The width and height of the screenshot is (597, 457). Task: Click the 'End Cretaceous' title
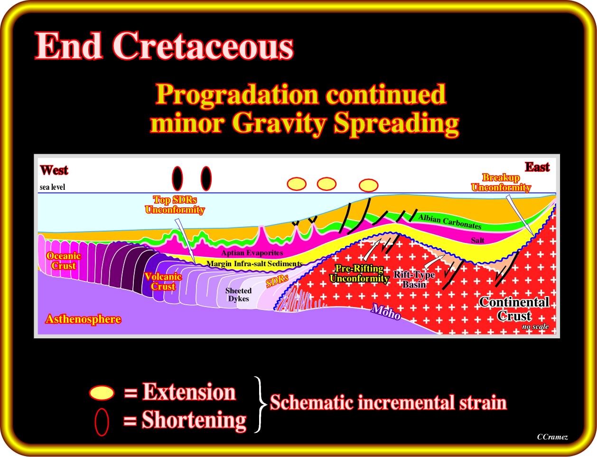pyautogui.click(x=164, y=46)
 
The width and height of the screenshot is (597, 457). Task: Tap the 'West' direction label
pyautogui.click(x=54, y=170)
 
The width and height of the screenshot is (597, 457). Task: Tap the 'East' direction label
pyautogui.click(x=537, y=167)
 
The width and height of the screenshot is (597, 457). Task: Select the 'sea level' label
pyautogui.click(x=53, y=187)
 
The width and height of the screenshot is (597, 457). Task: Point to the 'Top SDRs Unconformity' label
pyautogui.click(x=175, y=205)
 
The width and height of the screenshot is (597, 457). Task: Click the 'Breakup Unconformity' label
pyautogui.click(x=501, y=182)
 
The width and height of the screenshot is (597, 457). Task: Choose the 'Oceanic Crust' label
pyautogui.click(x=64, y=261)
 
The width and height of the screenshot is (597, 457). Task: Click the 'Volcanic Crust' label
pyautogui.click(x=163, y=281)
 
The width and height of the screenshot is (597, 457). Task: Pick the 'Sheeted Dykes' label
pyautogui.click(x=239, y=294)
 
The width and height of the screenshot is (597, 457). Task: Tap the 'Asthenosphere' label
pyautogui.click(x=83, y=319)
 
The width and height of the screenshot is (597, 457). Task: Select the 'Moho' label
pyautogui.click(x=386, y=312)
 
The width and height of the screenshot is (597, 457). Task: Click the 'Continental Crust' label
pyautogui.click(x=514, y=309)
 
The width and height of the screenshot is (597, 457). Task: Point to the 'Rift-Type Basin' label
pyautogui.click(x=414, y=280)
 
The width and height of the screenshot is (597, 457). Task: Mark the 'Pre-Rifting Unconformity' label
pyautogui.click(x=359, y=273)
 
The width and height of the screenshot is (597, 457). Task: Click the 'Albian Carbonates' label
pyautogui.click(x=450, y=222)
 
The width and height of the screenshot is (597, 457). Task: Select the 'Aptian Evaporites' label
pyautogui.click(x=252, y=252)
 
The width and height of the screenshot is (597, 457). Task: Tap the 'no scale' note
pyautogui.click(x=535, y=326)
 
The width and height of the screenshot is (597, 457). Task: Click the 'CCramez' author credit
pyautogui.click(x=552, y=437)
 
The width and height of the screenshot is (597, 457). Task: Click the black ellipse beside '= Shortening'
pyautogui.click(x=102, y=422)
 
